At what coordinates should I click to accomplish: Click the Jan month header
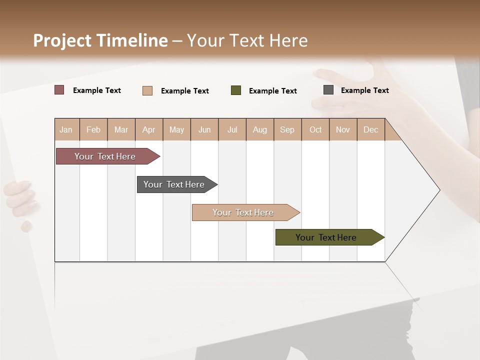coord(66,129)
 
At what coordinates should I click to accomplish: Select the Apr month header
coord(149,129)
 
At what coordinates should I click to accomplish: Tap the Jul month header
coord(232,129)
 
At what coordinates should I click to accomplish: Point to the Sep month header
coord(287,129)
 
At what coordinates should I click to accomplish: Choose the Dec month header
coord(370,129)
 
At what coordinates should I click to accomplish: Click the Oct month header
coord(315,129)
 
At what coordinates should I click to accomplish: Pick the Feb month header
coord(93,129)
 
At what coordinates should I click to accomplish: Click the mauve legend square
coord(59,90)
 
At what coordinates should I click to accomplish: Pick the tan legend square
coord(147,90)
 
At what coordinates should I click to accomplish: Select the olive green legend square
coord(236,90)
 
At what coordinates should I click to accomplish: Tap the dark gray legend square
coord(328,90)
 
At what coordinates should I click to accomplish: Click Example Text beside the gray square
coord(364,90)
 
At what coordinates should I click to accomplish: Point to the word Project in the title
coord(62,40)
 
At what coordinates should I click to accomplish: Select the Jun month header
coord(204,129)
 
